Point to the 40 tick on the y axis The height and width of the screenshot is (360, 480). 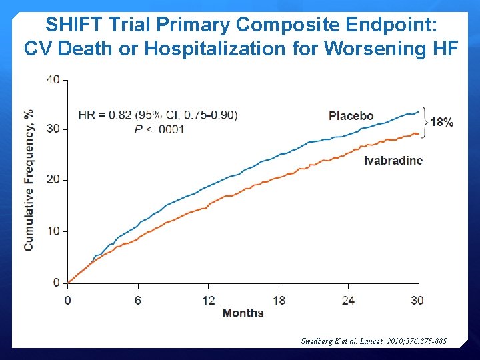click(53, 79)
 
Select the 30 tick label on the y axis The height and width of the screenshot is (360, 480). click(53, 129)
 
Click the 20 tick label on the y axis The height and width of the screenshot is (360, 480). click(53, 179)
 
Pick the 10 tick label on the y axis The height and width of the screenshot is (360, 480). click(53, 231)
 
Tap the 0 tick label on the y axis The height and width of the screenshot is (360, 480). click(56, 283)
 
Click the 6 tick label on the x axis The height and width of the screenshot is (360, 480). click(138, 301)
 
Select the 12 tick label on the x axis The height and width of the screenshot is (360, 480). click(209, 301)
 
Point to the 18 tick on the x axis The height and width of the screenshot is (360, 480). click(279, 301)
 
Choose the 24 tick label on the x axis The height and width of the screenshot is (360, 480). click(348, 301)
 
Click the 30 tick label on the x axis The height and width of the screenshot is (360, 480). click(417, 301)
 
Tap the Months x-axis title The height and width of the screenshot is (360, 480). click(243, 313)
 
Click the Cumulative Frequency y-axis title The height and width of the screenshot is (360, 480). click(29, 180)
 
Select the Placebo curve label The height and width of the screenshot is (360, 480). click(351, 116)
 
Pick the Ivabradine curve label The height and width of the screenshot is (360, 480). click(393, 160)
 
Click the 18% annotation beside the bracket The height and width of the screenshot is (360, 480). click(442, 122)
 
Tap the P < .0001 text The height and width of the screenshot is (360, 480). click(159, 129)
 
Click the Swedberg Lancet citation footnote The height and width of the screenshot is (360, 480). click(375, 341)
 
